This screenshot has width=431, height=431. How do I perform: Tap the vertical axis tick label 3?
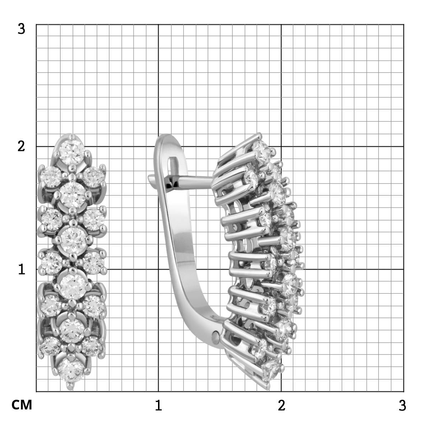point(21,29)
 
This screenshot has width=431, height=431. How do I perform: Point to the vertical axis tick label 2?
point(21,147)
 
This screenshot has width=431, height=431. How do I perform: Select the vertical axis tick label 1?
point(22,269)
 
